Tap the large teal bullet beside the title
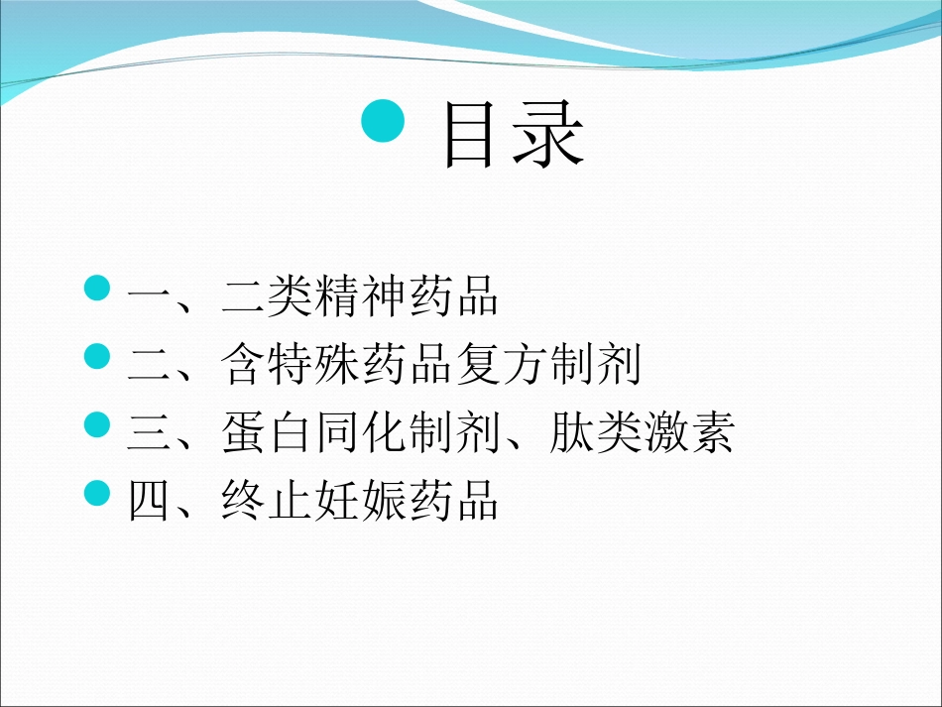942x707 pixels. pyautogui.click(x=384, y=121)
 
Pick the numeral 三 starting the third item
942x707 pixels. pyautogui.click(x=150, y=433)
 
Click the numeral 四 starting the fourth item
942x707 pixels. pyautogui.click(x=150, y=502)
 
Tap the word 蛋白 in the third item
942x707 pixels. pyautogui.click(x=267, y=433)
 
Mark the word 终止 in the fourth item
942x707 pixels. pyautogui.click(x=267, y=502)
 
